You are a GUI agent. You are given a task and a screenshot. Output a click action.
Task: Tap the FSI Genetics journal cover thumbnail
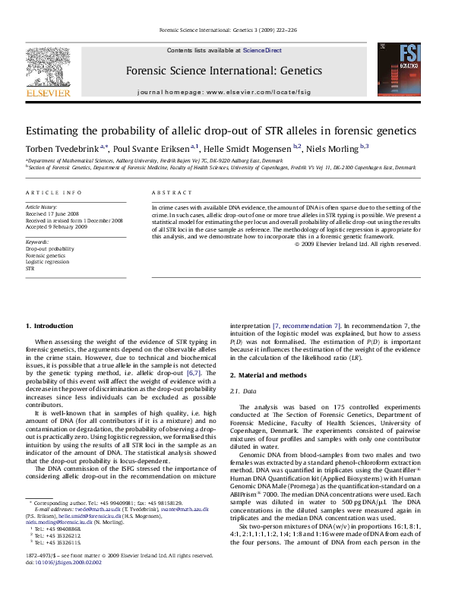(x=407, y=67)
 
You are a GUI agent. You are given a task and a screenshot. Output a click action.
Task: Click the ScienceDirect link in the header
(x=262, y=50)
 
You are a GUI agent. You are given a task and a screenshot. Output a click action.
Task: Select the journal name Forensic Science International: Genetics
(x=225, y=70)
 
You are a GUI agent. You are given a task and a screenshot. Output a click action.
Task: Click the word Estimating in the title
(x=56, y=130)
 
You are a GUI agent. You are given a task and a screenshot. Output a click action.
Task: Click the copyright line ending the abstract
(x=357, y=244)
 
